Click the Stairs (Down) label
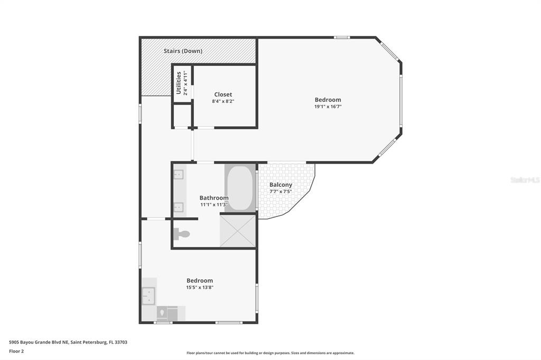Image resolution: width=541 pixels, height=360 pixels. pyautogui.click(x=183, y=51)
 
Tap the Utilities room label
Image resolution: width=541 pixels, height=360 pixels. pyautogui.click(x=179, y=83)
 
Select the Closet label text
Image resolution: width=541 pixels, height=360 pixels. pyautogui.click(x=223, y=94)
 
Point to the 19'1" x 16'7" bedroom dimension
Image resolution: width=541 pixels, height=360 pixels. pyautogui.click(x=328, y=107)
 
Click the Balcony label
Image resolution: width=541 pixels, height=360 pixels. pyautogui.click(x=281, y=185)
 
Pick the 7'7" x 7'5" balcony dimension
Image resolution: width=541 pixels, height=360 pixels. pyautogui.click(x=281, y=192)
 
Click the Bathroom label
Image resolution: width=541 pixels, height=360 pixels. pyautogui.click(x=214, y=197)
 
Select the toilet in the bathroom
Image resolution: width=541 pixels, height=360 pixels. pyautogui.click(x=182, y=234)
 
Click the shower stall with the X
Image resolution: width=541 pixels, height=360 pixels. pyautogui.click(x=237, y=231)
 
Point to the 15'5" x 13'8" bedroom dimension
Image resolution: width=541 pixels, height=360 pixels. pyautogui.click(x=200, y=287)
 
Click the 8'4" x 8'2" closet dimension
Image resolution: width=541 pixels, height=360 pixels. pyautogui.click(x=223, y=101)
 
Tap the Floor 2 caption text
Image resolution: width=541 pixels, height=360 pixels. pyautogui.click(x=16, y=352)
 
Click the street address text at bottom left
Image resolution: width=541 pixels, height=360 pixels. pyautogui.click(x=68, y=343)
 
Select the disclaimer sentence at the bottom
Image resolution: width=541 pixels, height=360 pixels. pyautogui.click(x=270, y=353)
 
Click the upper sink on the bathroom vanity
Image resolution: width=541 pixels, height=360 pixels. pyautogui.click(x=179, y=175)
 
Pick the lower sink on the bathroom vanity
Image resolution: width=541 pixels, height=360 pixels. pyautogui.click(x=179, y=207)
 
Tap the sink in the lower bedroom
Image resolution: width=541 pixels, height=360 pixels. pyautogui.click(x=148, y=296)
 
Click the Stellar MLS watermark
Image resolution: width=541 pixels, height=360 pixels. pyautogui.click(x=525, y=179)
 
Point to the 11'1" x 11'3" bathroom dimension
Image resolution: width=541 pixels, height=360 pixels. pyautogui.click(x=214, y=204)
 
